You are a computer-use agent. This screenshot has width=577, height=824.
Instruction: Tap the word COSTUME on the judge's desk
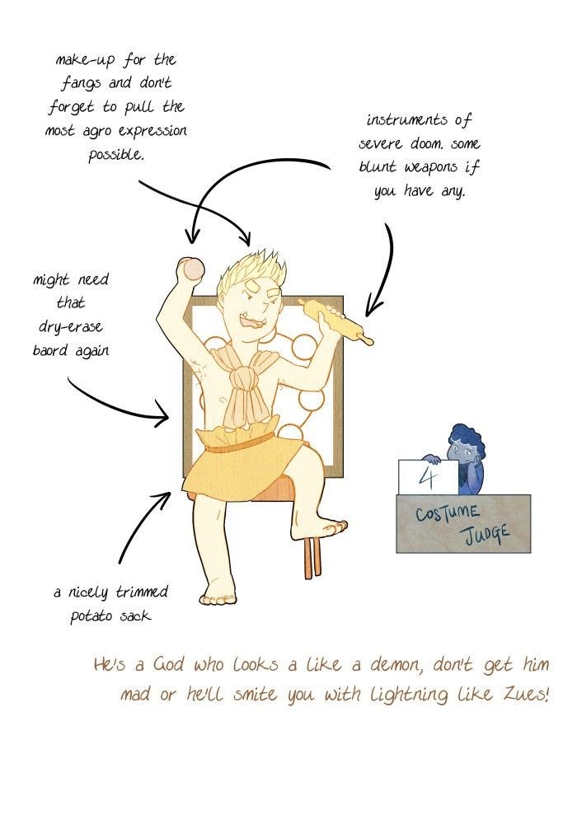pos(448,513)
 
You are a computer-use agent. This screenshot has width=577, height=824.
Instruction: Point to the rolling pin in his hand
pos(335,321)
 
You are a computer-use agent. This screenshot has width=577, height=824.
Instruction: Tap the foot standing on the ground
pos(218,597)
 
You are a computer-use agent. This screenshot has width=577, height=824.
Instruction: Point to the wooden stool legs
pos(313,558)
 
